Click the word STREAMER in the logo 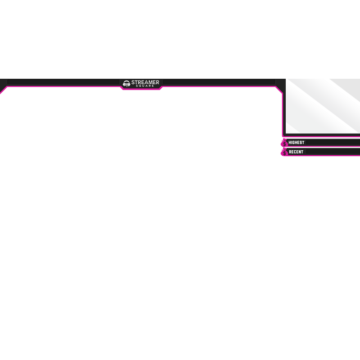[145, 82]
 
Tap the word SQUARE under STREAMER [145, 86]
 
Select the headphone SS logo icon [126, 84]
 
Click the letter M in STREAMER [150, 82]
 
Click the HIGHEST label [297, 143]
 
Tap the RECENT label [296, 152]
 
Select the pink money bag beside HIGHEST [284, 143]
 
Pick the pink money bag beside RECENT [284, 152]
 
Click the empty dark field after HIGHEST [333, 143]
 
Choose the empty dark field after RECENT [333, 152]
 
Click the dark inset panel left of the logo [63, 82]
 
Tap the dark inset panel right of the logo [219, 82]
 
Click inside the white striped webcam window [323, 106]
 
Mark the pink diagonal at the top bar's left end [4, 90]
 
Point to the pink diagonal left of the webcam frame [279, 90]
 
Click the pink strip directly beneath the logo [141, 89]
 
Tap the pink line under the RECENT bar [321, 156]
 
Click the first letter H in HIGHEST [290, 143]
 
